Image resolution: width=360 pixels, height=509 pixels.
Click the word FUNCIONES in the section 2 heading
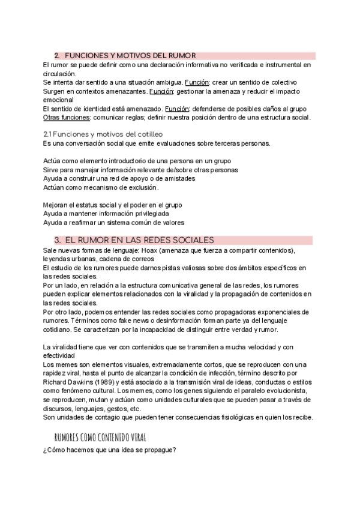pyautogui.click(x=86, y=55)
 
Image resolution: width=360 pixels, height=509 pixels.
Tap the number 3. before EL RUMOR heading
pyautogui.click(x=58, y=240)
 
